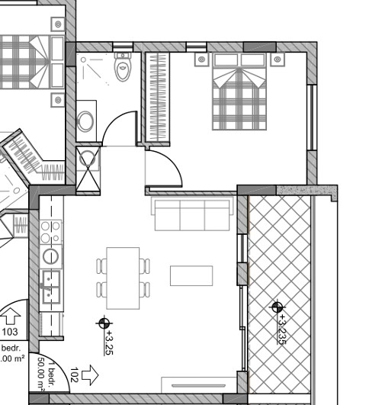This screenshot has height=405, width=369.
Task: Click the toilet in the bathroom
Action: pyautogui.click(x=123, y=68)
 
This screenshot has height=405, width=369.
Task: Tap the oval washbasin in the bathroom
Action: pyautogui.click(x=86, y=121)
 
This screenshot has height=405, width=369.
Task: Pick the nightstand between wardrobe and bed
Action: pyautogui.click(x=201, y=59)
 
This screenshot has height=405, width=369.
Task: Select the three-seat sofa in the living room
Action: pyautogui.click(x=193, y=214)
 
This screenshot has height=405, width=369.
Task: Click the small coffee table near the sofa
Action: pyautogui.click(x=191, y=275)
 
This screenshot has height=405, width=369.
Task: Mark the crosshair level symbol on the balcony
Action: pyautogui.click(x=276, y=307)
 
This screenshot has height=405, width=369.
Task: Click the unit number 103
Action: pyautogui.click(x=10, y=332)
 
